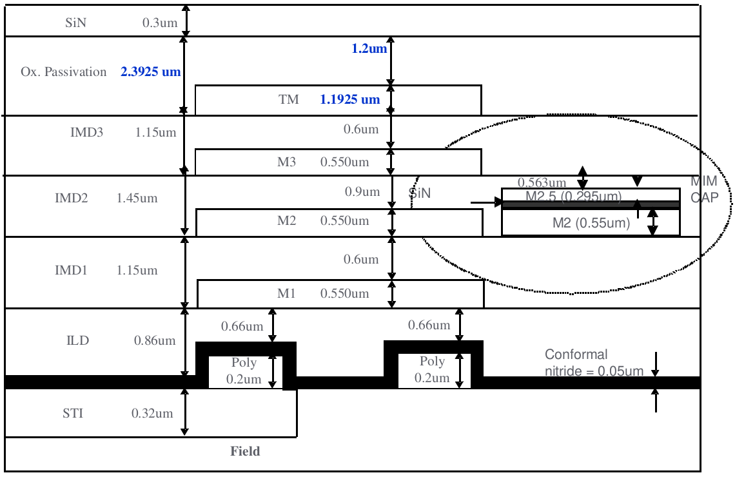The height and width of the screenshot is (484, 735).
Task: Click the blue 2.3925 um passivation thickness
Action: coord(150,72)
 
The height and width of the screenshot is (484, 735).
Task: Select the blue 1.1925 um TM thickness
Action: coord(350,100)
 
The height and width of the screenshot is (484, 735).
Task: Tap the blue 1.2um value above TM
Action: coord(369,49)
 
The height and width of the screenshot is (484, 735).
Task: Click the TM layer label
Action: coord(289,100)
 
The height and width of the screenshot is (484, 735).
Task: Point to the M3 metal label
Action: coord(286,162)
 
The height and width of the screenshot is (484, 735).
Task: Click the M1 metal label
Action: coord(286,294)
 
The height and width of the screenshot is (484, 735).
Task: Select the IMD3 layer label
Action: coord(86,133)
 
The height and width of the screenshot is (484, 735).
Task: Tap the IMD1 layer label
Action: coord(71,270)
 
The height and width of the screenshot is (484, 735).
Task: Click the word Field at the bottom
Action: coord(245,451)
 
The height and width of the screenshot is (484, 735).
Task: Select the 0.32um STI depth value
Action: coord(152,413)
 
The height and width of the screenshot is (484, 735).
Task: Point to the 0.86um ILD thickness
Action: coord(155,340)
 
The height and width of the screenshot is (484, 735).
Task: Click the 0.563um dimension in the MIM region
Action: coord(542,183)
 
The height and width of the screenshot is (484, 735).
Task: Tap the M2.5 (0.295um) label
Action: coord(573,197)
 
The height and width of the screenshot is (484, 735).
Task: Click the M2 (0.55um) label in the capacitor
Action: coord(591,224)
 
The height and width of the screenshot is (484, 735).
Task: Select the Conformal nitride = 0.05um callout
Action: coord(593,363)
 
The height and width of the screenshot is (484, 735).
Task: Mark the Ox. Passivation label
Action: coord(64,72)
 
